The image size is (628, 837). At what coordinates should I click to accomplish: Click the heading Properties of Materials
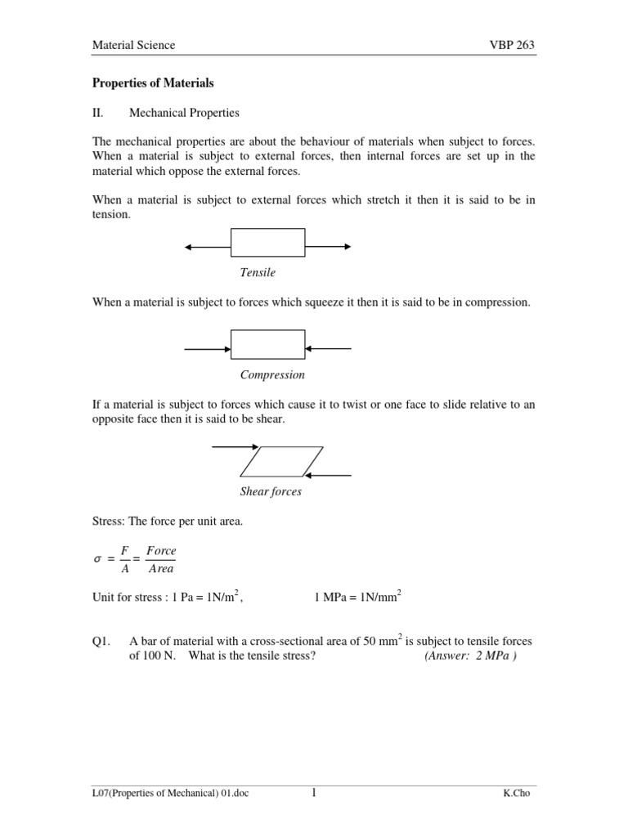[x=152, y=83]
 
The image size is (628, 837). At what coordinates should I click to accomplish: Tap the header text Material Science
[x=132, y=45]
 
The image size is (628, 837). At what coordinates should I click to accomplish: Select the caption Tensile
[x=258, y=272]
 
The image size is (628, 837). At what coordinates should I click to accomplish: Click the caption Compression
[x=272, y=374]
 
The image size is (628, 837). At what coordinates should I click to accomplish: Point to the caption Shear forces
[x=271, y=491]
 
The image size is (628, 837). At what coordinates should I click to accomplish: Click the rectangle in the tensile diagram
[x=268, y=244]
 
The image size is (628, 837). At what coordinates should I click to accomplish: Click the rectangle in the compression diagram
[x=268, y=344]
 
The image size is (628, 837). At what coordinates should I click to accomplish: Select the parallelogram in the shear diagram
[x=281, y=461]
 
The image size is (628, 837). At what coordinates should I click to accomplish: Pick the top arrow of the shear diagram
[x=235, y=447]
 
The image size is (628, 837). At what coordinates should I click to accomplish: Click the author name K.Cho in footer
[x=519, y=794]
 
